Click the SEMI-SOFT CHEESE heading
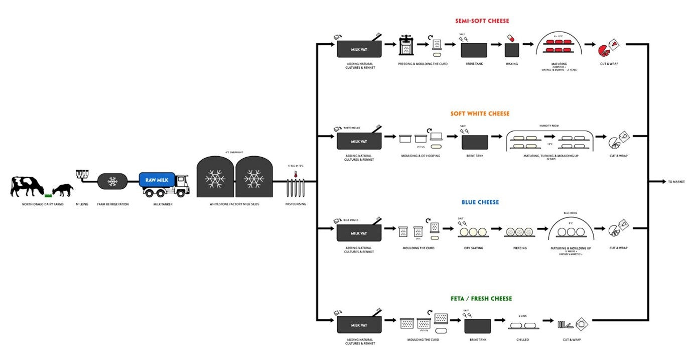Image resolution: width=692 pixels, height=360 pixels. (482, 21)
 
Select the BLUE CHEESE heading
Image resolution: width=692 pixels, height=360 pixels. (480, 202)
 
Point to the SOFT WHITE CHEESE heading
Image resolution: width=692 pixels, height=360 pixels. (479, 113)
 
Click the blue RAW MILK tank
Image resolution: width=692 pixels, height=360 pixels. (157, 180)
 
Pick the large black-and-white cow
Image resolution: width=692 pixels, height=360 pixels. (27, 186)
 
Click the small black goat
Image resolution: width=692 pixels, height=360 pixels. (63, 190)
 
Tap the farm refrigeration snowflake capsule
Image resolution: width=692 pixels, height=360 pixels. (113, 181)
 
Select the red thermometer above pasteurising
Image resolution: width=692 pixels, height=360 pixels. (297, 175)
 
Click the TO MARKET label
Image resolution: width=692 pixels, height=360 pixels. (676, 182)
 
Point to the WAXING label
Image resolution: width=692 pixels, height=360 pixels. (511, 64)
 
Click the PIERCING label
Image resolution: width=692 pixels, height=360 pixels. (520, 248)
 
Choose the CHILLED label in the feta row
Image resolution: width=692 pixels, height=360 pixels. (522, 340)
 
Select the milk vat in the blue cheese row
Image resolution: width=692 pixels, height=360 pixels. (359, 233)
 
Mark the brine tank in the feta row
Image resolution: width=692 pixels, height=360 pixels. (477, 326)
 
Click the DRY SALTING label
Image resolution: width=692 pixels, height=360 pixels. (474, 248)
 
